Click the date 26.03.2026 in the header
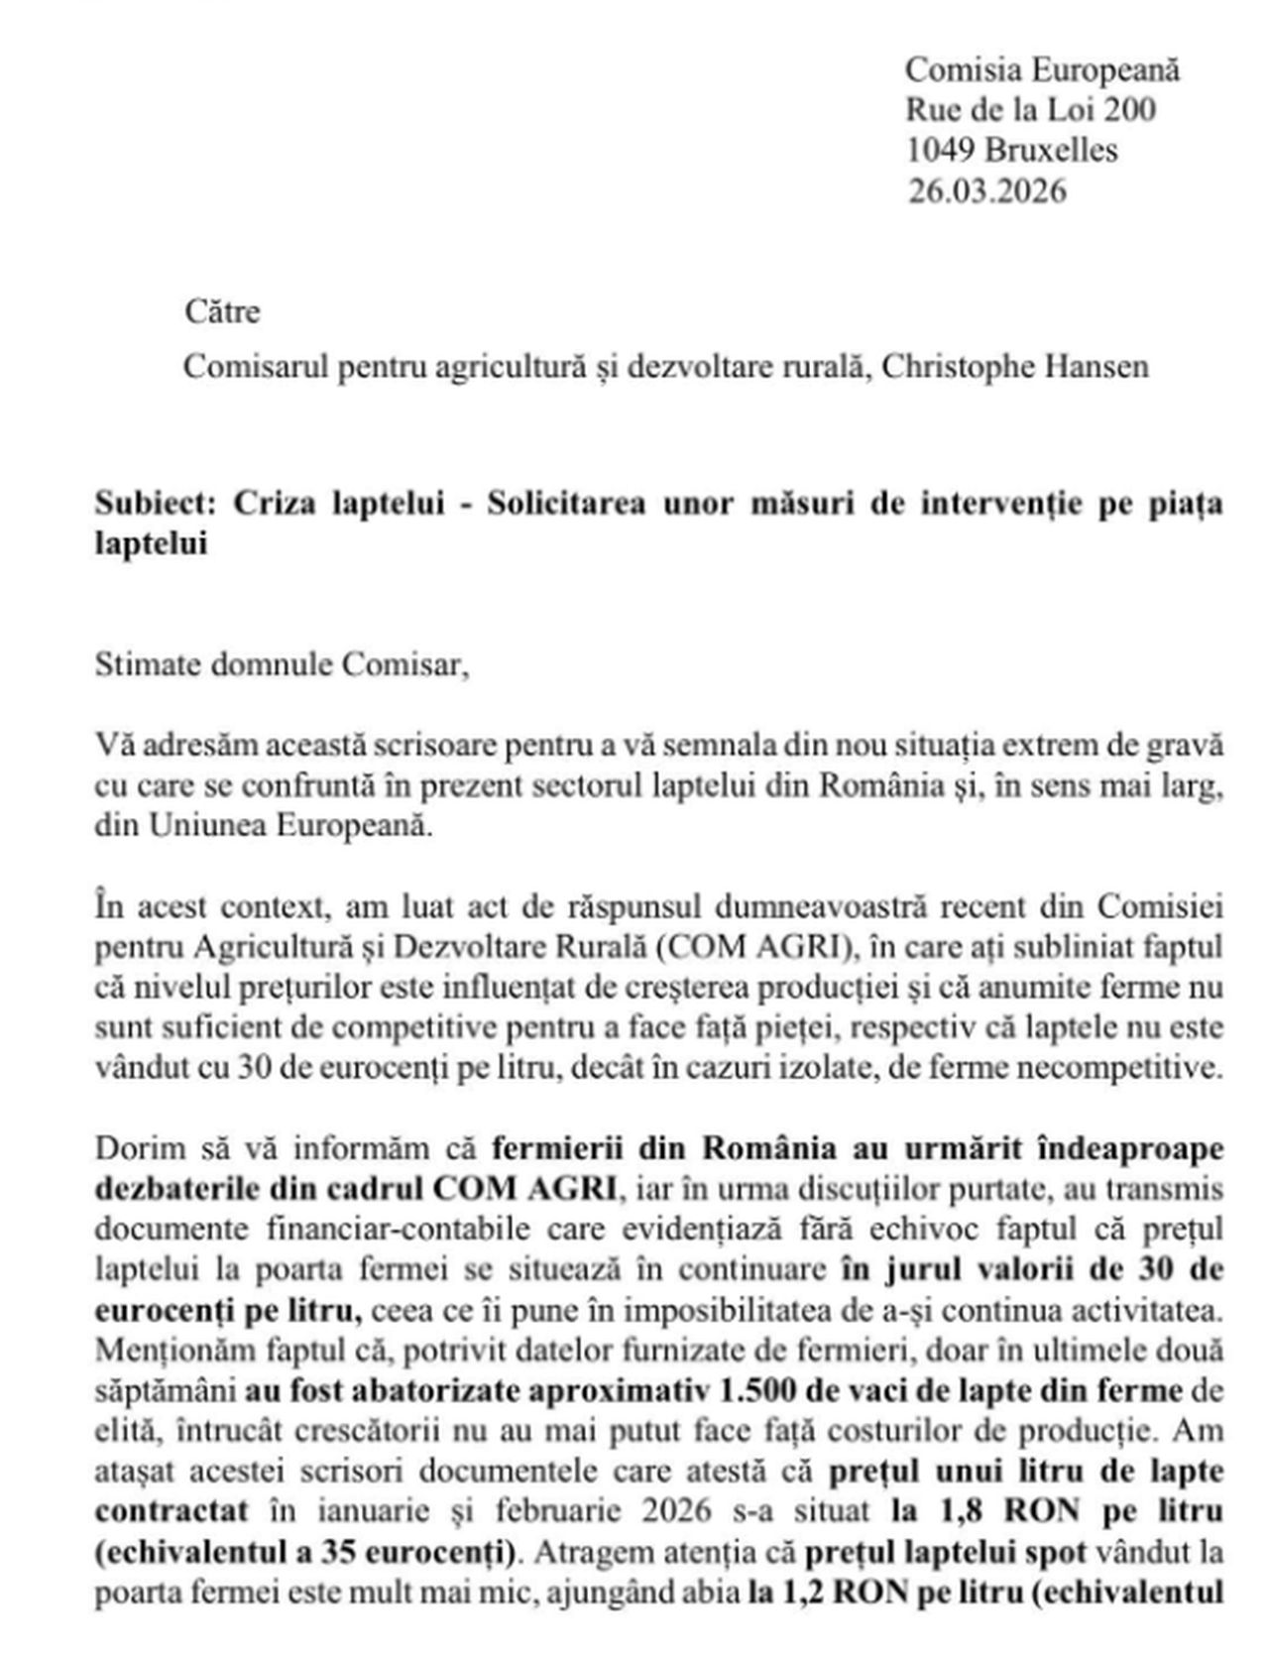pyautogui.click(x=986, y=190)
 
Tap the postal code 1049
pyautogui.click(x=940, y=150)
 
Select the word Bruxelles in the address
pyautogui.click(x=1052, y=150)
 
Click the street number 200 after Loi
pyautogui.click(x=1129, y=109)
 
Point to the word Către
pyautogui.click(x=222, y=312)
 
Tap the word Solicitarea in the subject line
pyautogui.click(x=566, y=504)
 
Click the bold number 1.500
pyautogui.click(x=759, y=1391)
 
